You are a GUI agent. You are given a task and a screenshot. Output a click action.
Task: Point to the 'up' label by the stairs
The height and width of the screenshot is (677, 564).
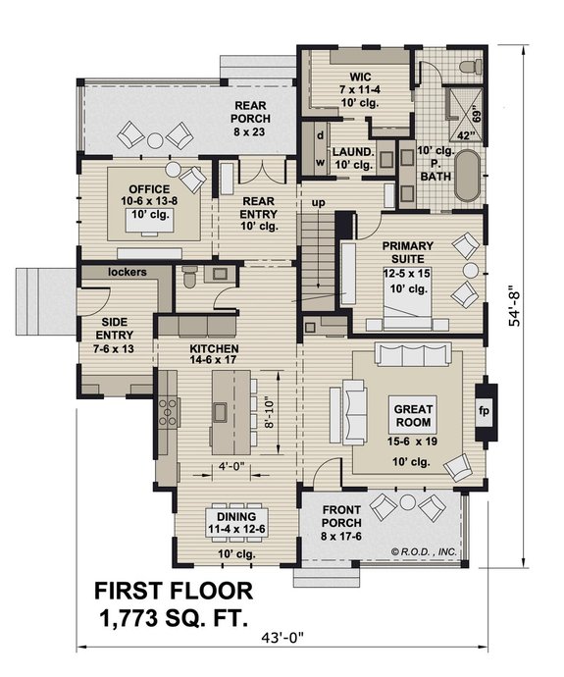click(x=318, y=202)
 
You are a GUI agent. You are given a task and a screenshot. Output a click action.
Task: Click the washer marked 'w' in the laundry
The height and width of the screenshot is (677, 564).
click(x=319, y=162)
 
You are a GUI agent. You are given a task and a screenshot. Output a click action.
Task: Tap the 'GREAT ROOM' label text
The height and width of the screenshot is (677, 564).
click(x=414, y=417)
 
